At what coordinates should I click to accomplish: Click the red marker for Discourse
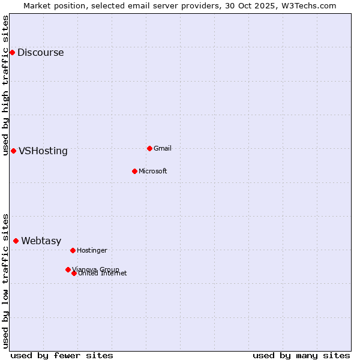coord(12,53)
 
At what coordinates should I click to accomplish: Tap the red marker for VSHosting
coord(13,151)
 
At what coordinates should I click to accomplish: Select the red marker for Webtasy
coord(16,241)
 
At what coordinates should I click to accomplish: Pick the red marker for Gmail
coord(149,148)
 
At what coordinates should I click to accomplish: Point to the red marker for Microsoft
coord(134,171)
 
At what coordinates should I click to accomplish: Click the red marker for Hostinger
coord(73,250)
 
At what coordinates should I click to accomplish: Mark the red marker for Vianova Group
coord(68,269)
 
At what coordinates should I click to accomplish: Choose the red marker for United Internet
coord(74,273)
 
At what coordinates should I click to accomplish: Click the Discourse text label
coord(40,53)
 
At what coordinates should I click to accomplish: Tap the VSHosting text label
coord(43,151)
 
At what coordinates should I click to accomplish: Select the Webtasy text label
coord(41,241)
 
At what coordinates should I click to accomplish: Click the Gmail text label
coord(163,149)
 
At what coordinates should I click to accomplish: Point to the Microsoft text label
coord(153,172)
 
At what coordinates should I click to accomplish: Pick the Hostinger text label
coord(92,251)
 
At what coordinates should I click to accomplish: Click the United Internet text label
coord(103,274)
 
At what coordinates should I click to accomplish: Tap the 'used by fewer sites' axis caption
coord(62,356)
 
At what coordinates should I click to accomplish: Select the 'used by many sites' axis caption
coord(301,356)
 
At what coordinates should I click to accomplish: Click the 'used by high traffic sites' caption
coord(6,85)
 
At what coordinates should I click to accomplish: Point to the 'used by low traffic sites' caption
coord(6,281)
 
